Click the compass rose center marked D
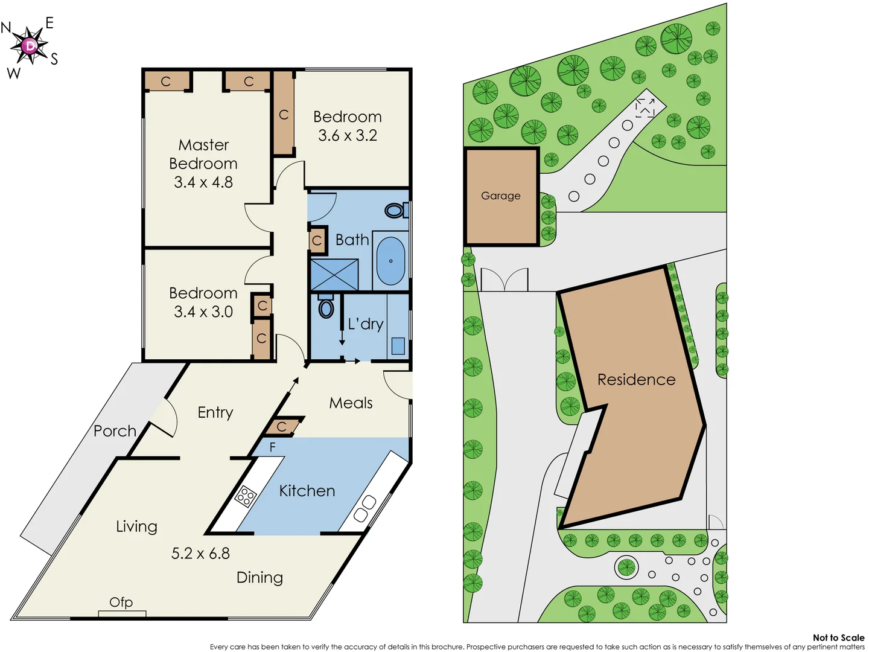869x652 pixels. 29,46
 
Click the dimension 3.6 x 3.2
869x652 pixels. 348,135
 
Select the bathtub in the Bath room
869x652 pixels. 390,261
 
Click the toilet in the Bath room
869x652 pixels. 396,210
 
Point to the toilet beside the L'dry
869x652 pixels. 326,307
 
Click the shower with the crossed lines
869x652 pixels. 334,275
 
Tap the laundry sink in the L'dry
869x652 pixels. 398,345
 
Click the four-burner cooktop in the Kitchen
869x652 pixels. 246,496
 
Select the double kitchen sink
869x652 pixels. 365,508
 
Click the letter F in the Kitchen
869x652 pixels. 272,447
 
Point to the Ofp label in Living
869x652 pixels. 121,602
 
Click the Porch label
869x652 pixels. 115,431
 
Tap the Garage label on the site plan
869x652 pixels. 500,196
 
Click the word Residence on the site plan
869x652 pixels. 636,380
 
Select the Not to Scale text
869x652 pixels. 838,638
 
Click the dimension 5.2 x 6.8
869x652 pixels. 200,554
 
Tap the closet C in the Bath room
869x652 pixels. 317,241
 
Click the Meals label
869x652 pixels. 351,403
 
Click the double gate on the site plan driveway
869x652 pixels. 504,280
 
